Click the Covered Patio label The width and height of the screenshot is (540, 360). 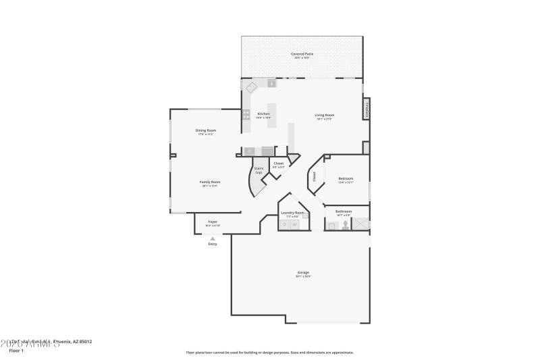point(302,54)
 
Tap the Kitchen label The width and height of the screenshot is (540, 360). point(263,114)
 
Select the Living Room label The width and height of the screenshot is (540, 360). point(325,115)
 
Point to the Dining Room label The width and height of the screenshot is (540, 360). point(205,130)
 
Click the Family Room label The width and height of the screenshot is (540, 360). point(211,182)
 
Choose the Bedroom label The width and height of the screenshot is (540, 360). point(345,179)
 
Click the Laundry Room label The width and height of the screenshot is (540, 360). point(292,213)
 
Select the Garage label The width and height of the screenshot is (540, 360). point(303,273)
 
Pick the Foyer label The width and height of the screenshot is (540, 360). point(212,222)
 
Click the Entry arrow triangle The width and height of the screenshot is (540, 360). point(213,238)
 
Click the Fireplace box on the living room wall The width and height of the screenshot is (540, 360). point(367,110)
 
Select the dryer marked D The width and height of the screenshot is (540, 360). point(285,224)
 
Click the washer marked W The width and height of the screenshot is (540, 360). point(294,224)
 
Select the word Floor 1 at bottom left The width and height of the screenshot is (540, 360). point(16,351)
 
